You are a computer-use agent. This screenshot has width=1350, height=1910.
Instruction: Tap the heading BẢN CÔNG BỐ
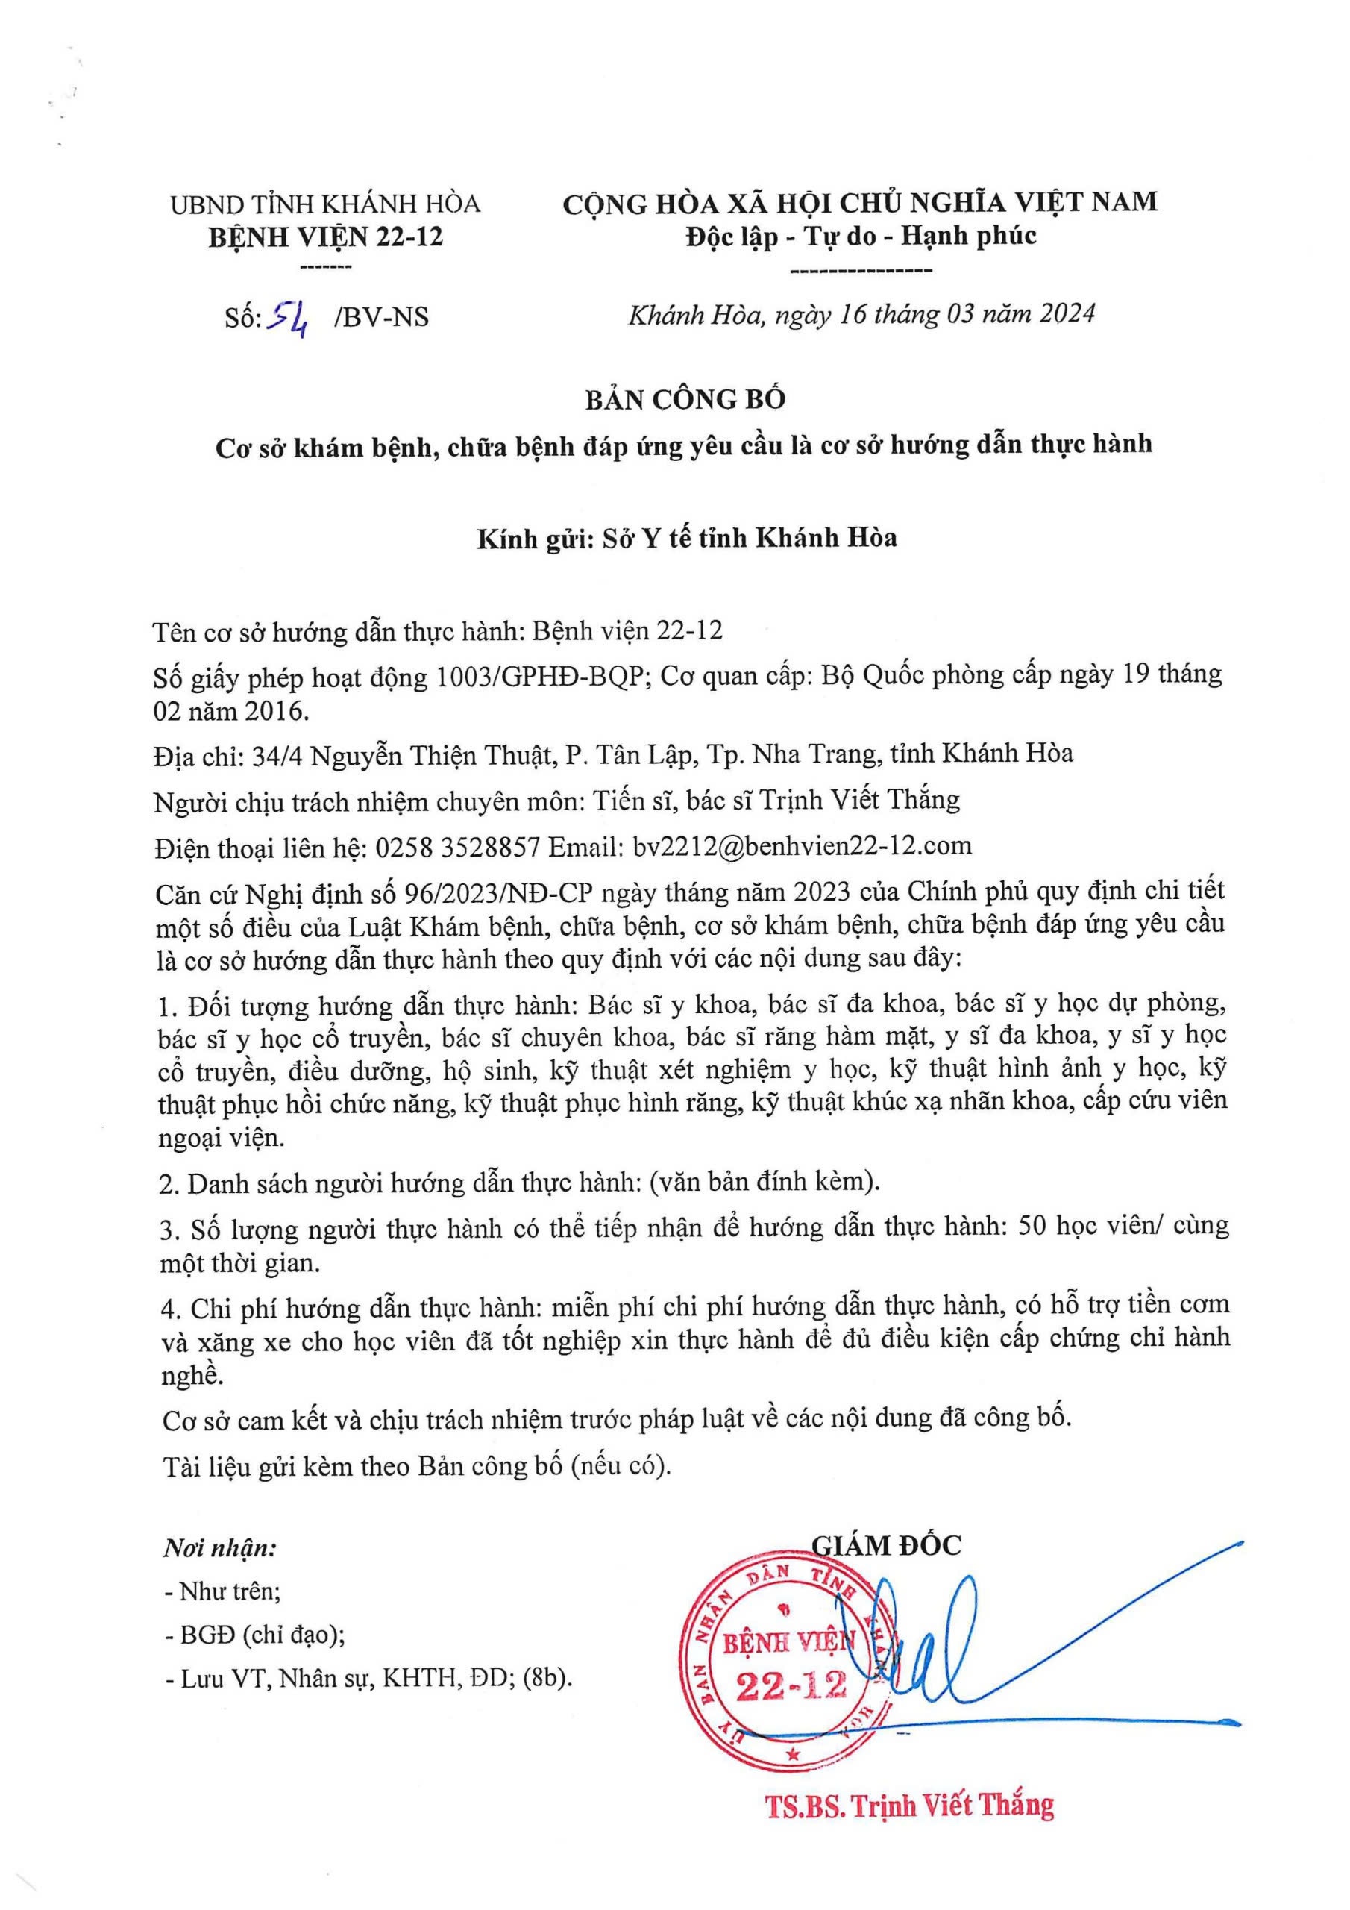(x=685, y=400)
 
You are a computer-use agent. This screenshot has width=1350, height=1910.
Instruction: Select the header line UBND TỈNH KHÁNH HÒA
(x=325, y=204)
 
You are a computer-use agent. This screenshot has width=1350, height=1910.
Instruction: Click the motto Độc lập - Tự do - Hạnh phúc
(x=861, y=237)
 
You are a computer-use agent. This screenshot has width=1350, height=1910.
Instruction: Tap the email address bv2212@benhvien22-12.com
(x=802, y=846)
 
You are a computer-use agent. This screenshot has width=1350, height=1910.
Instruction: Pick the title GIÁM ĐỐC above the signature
(x=886, y=1546)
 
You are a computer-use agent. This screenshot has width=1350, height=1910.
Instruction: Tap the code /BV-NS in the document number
(x=380, y=317)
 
